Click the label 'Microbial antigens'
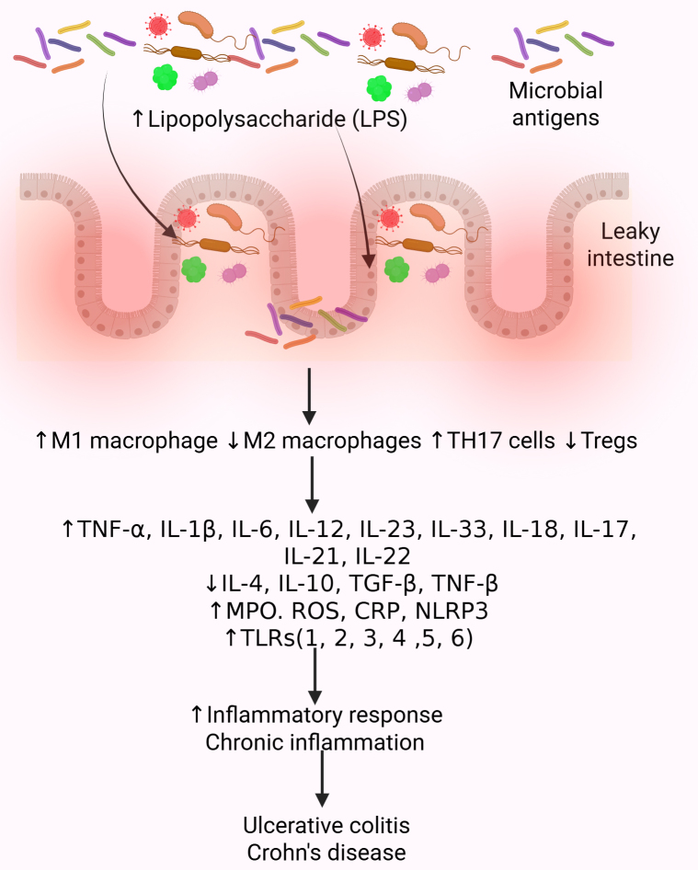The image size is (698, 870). tap(555, 105)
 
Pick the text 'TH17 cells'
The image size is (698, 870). tap(500, 441)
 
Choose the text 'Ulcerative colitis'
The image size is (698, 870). tap(326, 824)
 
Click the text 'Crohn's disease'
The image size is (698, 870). tap(326, 851)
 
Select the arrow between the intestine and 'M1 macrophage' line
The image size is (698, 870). tap(312, 393)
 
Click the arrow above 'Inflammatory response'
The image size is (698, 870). tap(315, 673)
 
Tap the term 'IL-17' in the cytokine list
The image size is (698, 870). tap(604, 531)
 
